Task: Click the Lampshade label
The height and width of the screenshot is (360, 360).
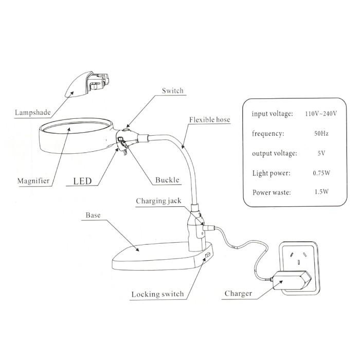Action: [x=32, y=113]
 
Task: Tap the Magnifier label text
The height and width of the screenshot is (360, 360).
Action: [x=33, y=181]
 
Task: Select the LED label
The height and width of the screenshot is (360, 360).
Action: [x=82, y=181]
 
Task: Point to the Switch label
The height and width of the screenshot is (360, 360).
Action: [x=173, y=91]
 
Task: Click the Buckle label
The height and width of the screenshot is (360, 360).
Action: [x=167, y=180]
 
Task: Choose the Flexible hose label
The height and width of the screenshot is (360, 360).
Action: [x=209, y=120]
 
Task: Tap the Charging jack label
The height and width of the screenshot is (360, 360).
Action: [x=158, y=201]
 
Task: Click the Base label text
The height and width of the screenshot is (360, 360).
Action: [x=93, y=215]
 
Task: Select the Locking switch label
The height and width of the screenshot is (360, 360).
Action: [x=157, y=294]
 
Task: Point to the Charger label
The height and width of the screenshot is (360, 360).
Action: [x=238, y=294]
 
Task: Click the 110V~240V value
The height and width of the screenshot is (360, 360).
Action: [x=321, y=114]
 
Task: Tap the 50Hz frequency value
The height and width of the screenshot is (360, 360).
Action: [x=321, y=133]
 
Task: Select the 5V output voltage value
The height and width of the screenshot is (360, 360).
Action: [x=321, y=153]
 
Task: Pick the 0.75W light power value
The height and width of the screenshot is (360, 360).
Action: [x=321, y=173]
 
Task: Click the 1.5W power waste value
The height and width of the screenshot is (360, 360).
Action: [x=321, y=192]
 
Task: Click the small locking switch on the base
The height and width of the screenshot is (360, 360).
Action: [x=208, y=255]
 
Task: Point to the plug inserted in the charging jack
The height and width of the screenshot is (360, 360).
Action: [x=208, y=228]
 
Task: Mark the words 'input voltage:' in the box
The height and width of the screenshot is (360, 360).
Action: [x=272, y=114]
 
